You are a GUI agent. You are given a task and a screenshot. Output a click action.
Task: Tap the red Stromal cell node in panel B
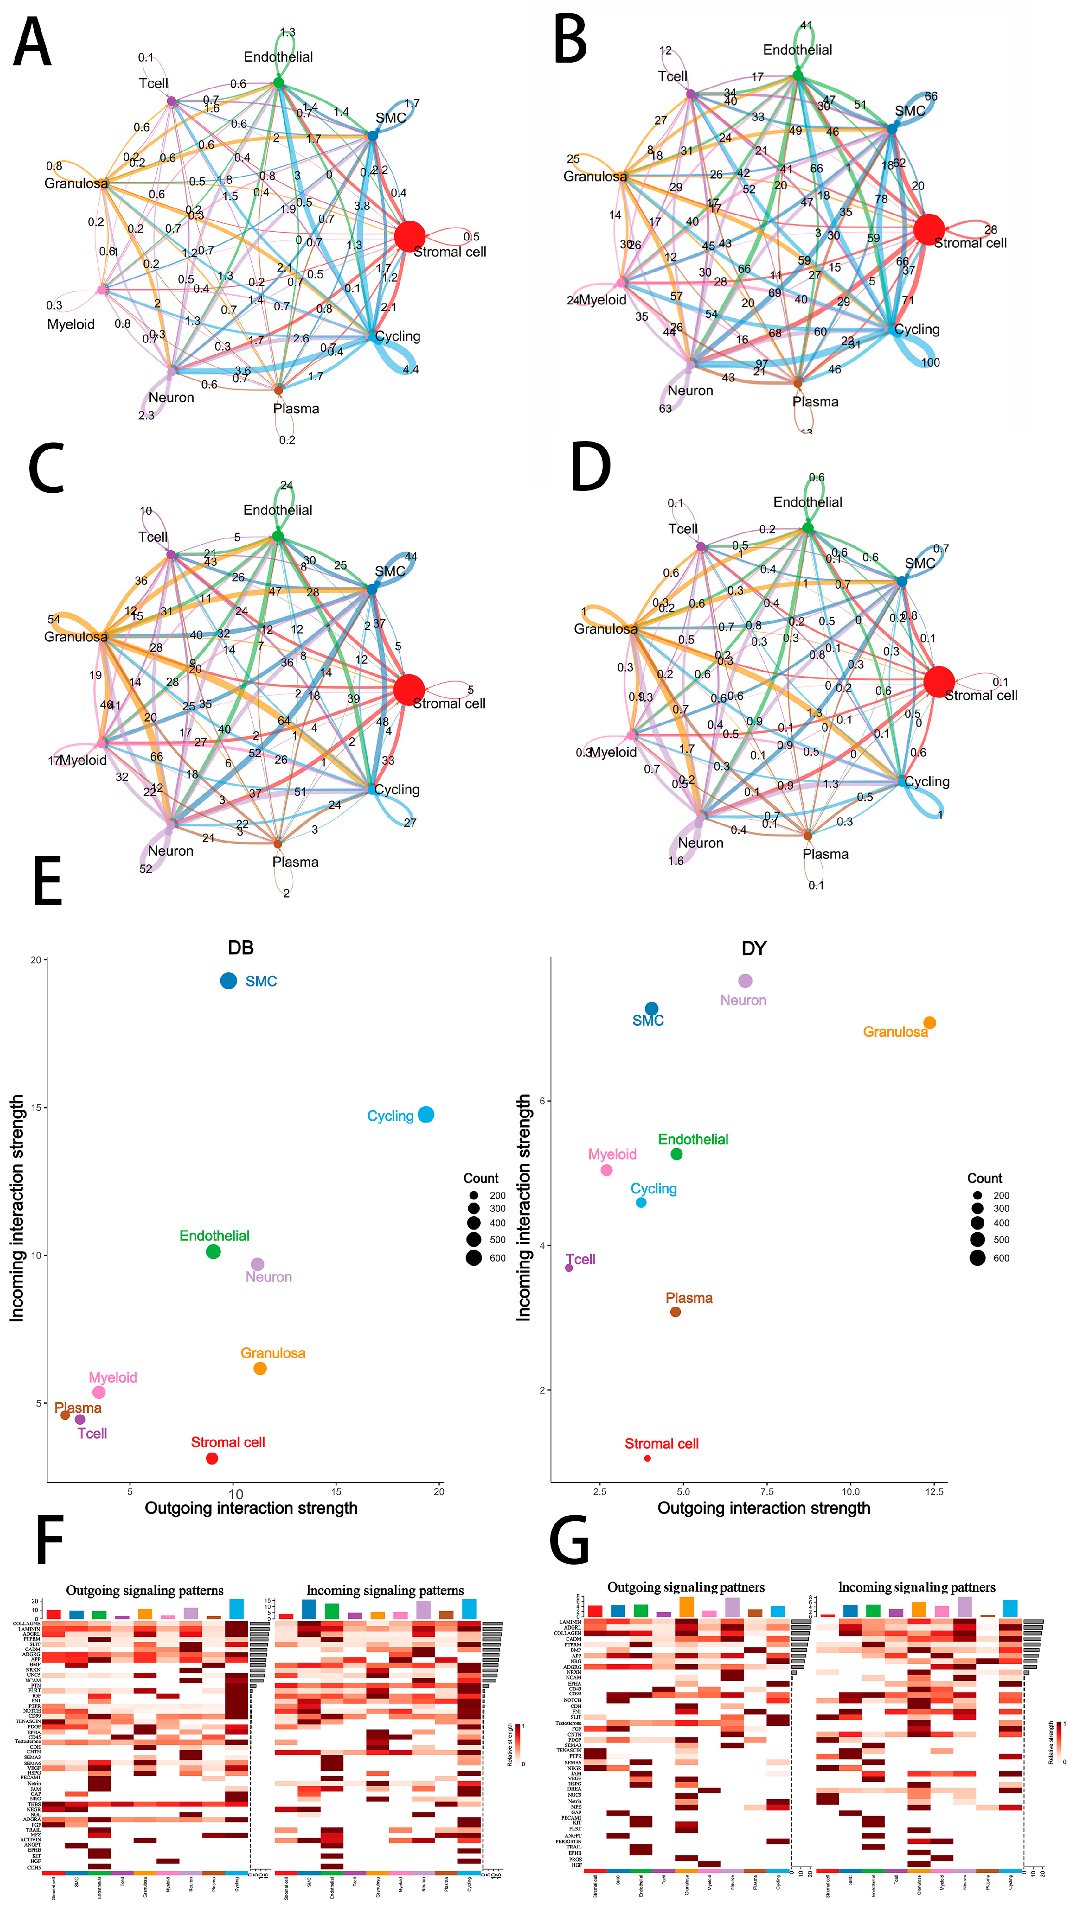click(x=928, y=229)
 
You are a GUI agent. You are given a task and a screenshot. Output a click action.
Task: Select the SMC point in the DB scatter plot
click(x=228, y=980)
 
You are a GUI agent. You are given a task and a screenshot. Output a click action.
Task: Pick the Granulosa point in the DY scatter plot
click(x=929, y=1023)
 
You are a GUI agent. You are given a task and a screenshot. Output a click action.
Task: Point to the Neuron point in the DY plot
click(x=745, y=980)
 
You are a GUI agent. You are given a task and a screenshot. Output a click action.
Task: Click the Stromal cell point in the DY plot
click(x=647, y=1458)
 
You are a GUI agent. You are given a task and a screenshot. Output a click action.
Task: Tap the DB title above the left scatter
click(x=240, y=948)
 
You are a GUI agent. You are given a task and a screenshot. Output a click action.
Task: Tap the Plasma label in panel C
click(x=295, y=862)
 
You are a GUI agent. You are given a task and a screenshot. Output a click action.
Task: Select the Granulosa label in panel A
click(x=76, y=183)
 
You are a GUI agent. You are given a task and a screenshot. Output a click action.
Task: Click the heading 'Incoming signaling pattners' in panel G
click(x=917, y=1587)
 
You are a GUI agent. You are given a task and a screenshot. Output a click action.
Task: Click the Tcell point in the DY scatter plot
click(x=569, y=1267)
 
